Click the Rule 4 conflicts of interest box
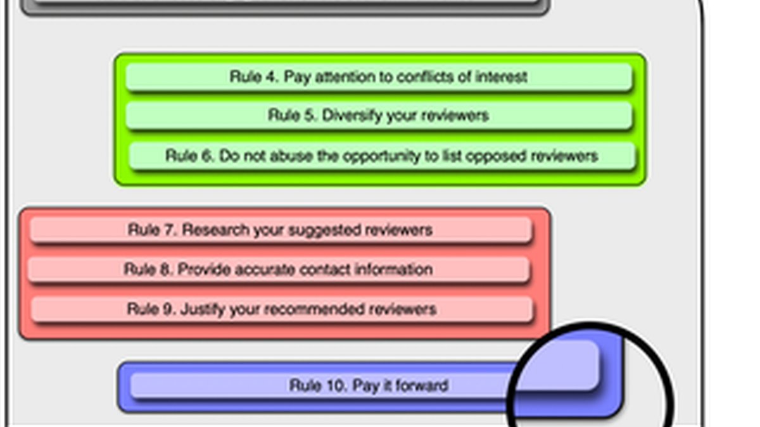point(379,77)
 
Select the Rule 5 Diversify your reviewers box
point(379,116)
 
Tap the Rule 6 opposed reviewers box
point(382,156)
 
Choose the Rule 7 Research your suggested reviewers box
point(281,230)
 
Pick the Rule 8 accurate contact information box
point(279,269)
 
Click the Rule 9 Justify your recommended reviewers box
point(282,309)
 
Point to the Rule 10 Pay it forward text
point(369,386)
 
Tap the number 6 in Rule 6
point(207,156)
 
